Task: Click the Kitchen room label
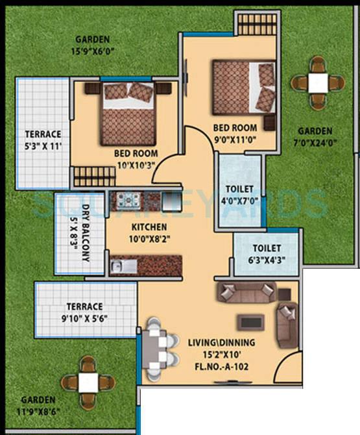pyautogui.click(x=149, y=227)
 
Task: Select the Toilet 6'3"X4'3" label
pyautogui.click(x=267, y=253)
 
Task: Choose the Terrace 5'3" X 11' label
pyautogui.click(x=43, y=140)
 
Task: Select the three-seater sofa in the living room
pyautogui.click(x=246, y=293)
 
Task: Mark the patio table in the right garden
pyautogui.click(x=318, y=82)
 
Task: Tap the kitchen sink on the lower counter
pyautogui.click(x=125, y=266)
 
